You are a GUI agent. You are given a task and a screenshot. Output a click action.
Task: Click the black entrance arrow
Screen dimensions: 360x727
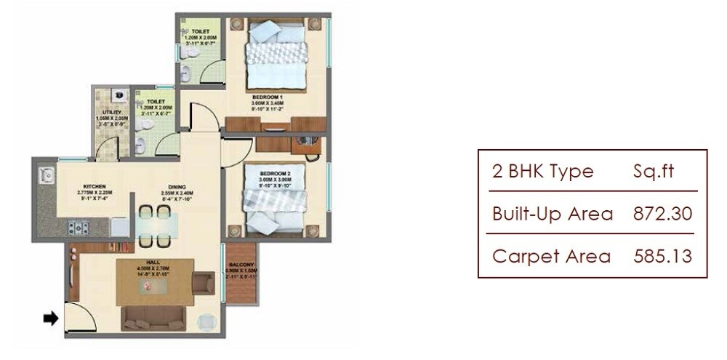point(51,317)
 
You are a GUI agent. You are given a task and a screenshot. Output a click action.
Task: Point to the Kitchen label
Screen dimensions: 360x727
point(95,186)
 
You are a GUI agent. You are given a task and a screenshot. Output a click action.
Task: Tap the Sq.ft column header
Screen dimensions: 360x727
point(654,172)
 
